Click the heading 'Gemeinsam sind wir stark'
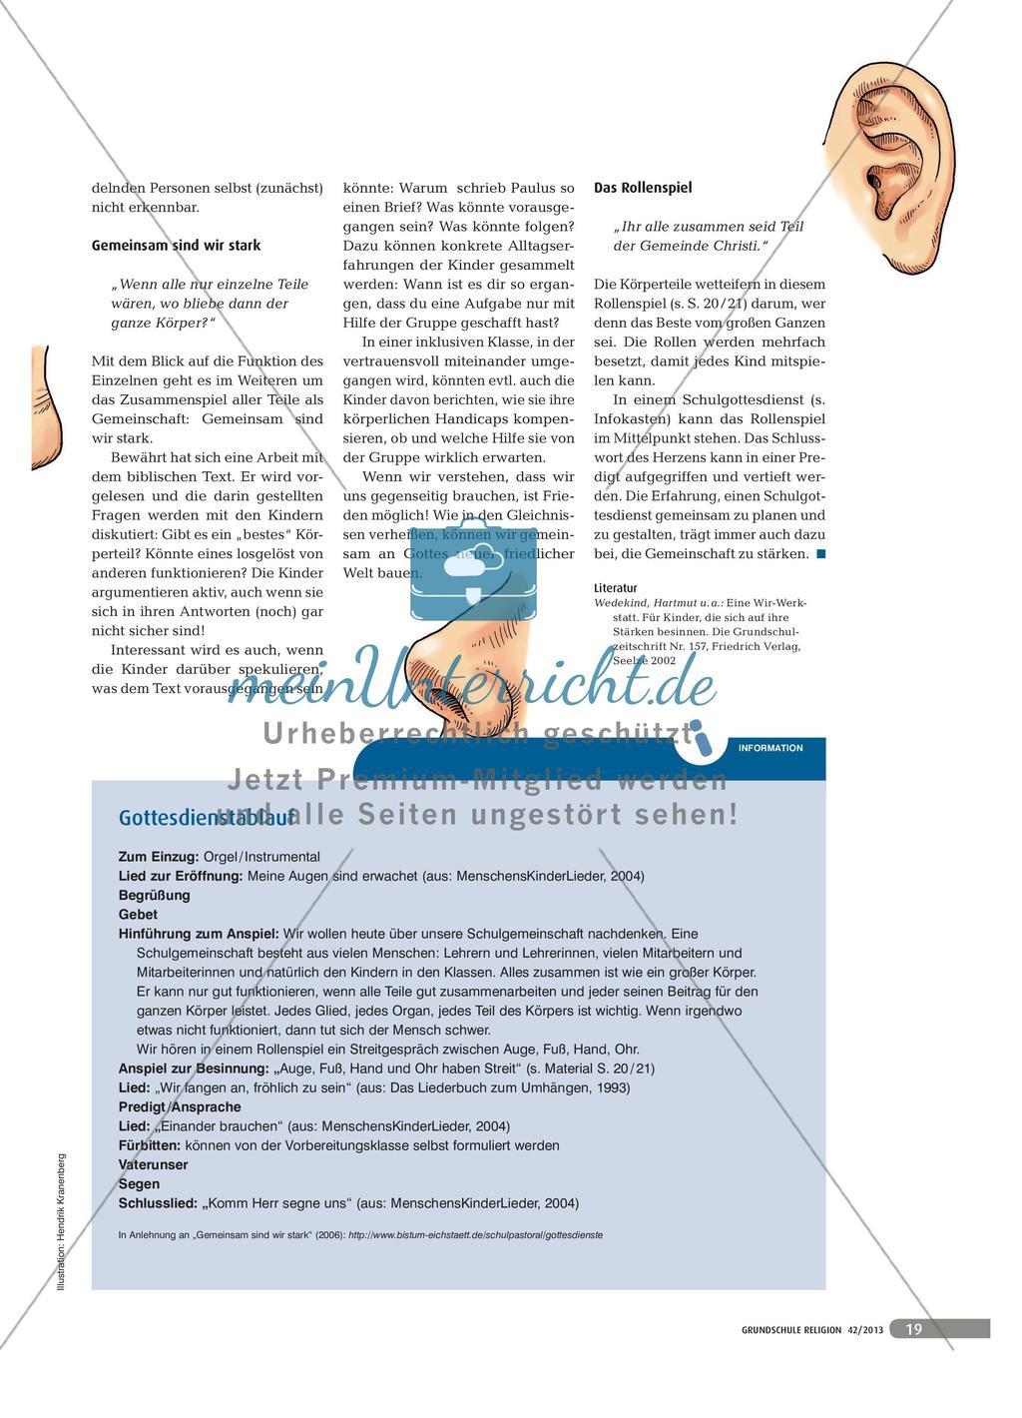pos(176,245)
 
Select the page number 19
pos(912,1328)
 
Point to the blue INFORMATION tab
pos(769,747)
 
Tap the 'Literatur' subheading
pos(616,588)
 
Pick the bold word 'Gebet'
pos(138,915)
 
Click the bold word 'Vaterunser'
pos(153,1164)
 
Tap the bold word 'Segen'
pos(138,1183)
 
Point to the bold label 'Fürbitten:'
pos(149,1145)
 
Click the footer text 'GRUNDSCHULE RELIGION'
pos(794,1329)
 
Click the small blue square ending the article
pos(820,554)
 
